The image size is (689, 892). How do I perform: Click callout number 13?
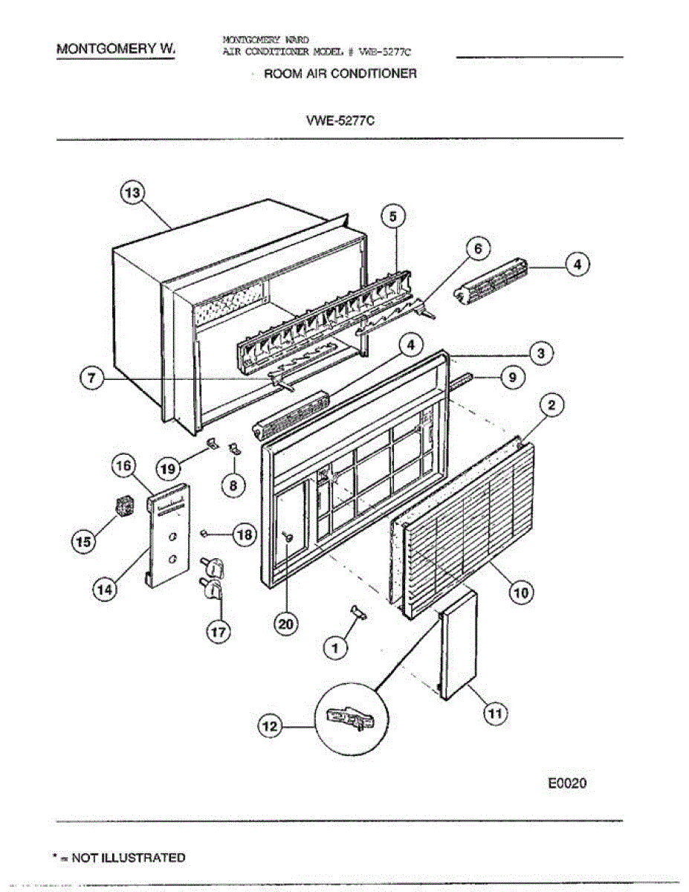coord(132,193)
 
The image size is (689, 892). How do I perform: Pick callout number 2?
coord(551,406)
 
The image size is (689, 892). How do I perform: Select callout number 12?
coord(271,728)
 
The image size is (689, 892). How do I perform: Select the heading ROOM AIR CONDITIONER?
coord(340,74)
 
